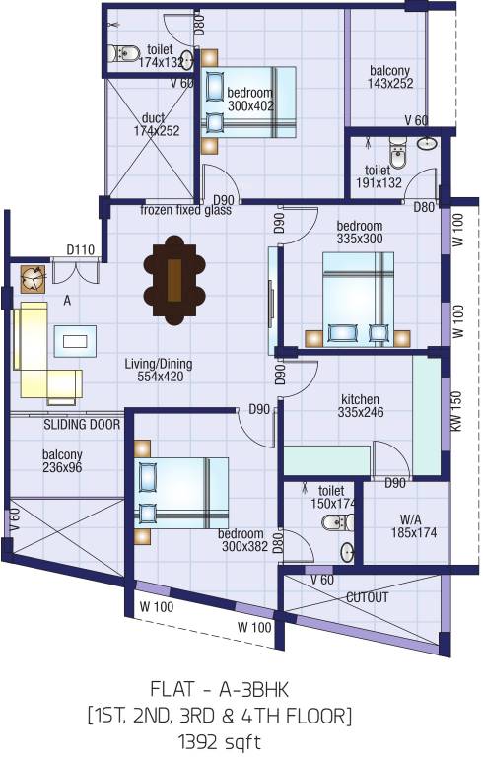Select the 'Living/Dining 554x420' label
tap(158, 370)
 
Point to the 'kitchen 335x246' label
tap(360, 405)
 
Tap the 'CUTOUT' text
tap(367, 597)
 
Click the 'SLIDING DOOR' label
tap(82, 425)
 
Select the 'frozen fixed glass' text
tap(185, 210)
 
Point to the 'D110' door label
tap(81, 250)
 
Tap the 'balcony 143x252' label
tap(390, 77)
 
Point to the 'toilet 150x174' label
tap(332, 496)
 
